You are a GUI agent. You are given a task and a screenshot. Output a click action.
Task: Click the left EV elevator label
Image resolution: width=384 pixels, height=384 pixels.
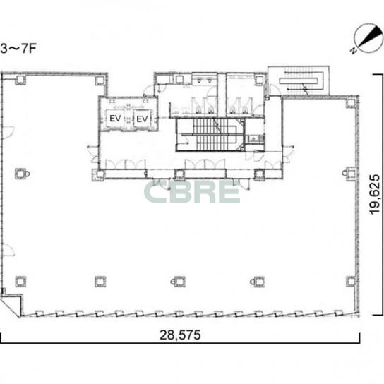click(115, 119)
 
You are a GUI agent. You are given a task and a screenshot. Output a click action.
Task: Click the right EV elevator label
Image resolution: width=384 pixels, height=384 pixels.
click(142, 119)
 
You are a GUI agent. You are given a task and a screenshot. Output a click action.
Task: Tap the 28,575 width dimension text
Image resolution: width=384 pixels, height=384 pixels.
click(180, 335)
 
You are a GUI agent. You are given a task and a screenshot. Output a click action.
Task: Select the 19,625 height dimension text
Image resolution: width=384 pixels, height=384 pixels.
click(375, 194)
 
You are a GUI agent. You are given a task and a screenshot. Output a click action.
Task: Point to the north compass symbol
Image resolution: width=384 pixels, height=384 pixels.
click(367, 39)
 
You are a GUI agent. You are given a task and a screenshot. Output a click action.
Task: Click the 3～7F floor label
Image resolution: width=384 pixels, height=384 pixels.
click(18, 49)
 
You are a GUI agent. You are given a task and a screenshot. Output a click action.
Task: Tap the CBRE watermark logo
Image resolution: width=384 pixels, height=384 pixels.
click(192, 193)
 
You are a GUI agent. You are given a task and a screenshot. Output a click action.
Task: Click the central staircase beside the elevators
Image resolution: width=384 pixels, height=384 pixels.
click(210, 135)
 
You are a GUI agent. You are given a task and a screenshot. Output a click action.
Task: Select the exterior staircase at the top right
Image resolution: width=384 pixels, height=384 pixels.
click(299, 80)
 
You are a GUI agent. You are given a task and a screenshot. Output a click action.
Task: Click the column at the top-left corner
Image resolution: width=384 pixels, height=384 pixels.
click(20, 80)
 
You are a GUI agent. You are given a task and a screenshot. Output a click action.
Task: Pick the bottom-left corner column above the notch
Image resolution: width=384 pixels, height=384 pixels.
click(20, 282)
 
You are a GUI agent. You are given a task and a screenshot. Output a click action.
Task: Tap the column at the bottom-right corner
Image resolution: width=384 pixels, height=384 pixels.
click(351, 282)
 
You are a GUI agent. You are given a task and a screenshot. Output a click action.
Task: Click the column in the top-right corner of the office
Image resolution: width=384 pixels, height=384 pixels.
click(351, 103)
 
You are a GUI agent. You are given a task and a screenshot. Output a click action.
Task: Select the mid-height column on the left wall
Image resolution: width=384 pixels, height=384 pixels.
click(21, 174)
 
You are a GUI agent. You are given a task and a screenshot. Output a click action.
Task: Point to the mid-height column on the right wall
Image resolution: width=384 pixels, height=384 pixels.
click(349, 174)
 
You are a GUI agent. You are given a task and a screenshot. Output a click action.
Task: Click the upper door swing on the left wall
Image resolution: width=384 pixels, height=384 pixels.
click(8, 133)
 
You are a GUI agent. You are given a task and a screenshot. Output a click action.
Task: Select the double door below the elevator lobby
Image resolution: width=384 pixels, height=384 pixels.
click(126, 164)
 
